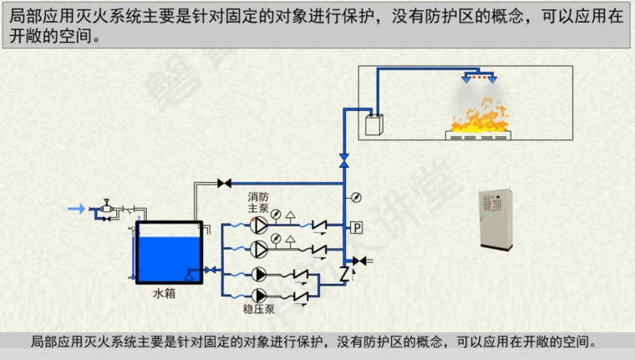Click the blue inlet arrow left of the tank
[75, 208]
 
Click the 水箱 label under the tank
[164, 294]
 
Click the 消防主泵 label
[257, 202]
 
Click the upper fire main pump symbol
[260, 225]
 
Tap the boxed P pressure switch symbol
[356, 227]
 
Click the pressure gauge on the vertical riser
[357, 197]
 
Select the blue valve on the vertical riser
[344, 159]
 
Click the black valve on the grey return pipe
[224, 183]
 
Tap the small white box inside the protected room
[373, 125]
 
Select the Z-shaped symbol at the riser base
[344, 273]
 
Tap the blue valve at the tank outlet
[209, 270]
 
